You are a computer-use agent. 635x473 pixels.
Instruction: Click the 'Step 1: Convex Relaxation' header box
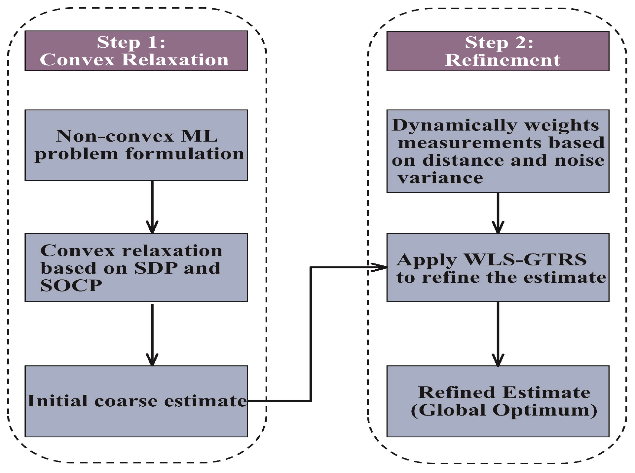click(136, 51)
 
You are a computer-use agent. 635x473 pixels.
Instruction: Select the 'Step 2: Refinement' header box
click(498, 51)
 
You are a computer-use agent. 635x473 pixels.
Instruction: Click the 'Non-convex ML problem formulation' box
click(136, 145)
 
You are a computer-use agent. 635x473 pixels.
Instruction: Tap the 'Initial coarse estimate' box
click(136, 401)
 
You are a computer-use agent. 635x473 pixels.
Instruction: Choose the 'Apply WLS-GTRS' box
click(498, 267)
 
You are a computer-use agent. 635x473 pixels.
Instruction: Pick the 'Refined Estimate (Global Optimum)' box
click(498, 401)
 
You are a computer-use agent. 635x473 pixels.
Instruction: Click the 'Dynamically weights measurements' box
click(498, 151)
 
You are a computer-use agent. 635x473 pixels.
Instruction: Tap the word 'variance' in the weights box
click(440, 178)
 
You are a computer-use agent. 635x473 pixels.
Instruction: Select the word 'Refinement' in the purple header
click(503, 60)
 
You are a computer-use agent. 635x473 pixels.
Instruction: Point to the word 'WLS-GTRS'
click(525, 259)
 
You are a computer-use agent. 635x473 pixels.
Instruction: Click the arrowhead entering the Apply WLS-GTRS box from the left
click(380, 267)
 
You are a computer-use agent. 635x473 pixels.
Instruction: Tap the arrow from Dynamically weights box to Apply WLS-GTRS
click(498, 213)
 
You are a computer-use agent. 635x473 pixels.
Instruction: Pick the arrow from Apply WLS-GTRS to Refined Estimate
click(498, 333)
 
